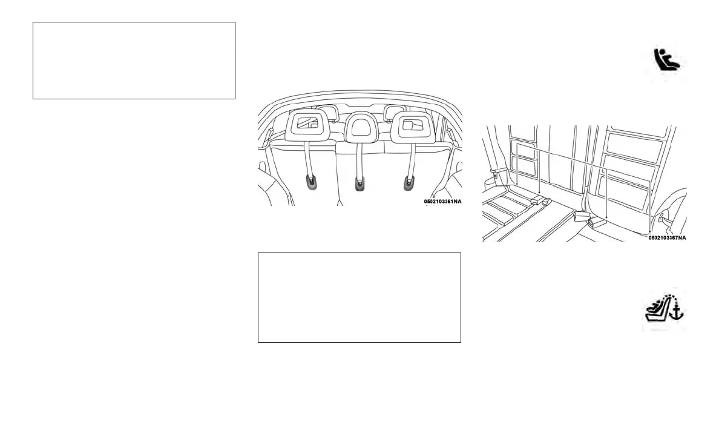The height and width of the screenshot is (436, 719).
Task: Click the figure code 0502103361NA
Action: pos(442,201)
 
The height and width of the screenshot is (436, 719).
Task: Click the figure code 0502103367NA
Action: pos(667,238)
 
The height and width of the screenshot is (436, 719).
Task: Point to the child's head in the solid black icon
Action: pos(660,53)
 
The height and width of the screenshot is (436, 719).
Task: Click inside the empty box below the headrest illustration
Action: pos(359,298)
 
